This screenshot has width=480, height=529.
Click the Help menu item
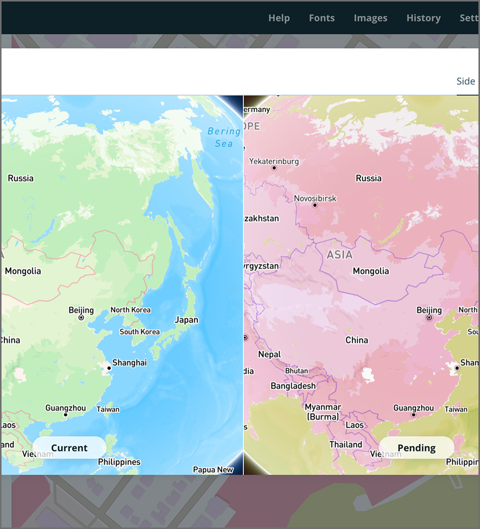[x=279, y=18]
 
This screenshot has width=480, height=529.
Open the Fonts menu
[x=322, y=18]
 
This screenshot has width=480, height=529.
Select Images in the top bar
[x=370, y=18]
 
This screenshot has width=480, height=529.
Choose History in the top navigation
[x=423, y=18]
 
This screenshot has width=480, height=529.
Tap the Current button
[x=69, y=448]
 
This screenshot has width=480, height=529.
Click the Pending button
[x=416, y=448]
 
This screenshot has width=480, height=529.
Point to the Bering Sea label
[x=224, y=137]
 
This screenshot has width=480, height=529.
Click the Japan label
[x=186, y=320]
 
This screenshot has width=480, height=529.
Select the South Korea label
[x=139, y=332]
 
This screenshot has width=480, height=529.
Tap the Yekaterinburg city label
[x=274, y=162]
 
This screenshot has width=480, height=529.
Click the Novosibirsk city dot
[x=315, y=206]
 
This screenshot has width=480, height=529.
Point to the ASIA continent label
[x=340, y=254]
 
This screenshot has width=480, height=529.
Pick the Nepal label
[x=269, y=354]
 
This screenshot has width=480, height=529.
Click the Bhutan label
[x=296, y=371]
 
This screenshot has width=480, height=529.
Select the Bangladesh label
[x=293, y=386]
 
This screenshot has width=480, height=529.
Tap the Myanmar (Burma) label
[x=323, y=412]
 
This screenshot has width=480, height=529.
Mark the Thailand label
[x=346, y=444]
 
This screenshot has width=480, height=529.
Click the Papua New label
[x=213, y=470]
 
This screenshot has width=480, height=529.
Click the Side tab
[x=466, y=82]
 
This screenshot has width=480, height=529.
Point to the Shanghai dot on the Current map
[x=109, y=368]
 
